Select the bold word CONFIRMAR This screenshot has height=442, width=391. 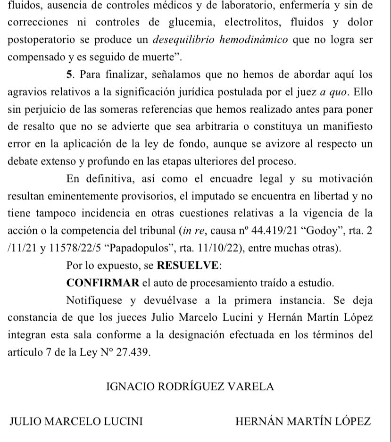click(103, 283)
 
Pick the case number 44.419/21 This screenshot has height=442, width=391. click(259, 231)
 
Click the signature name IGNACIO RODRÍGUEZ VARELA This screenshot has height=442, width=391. click(191, 387)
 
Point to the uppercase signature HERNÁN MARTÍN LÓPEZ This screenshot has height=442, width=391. click(303, 422)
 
